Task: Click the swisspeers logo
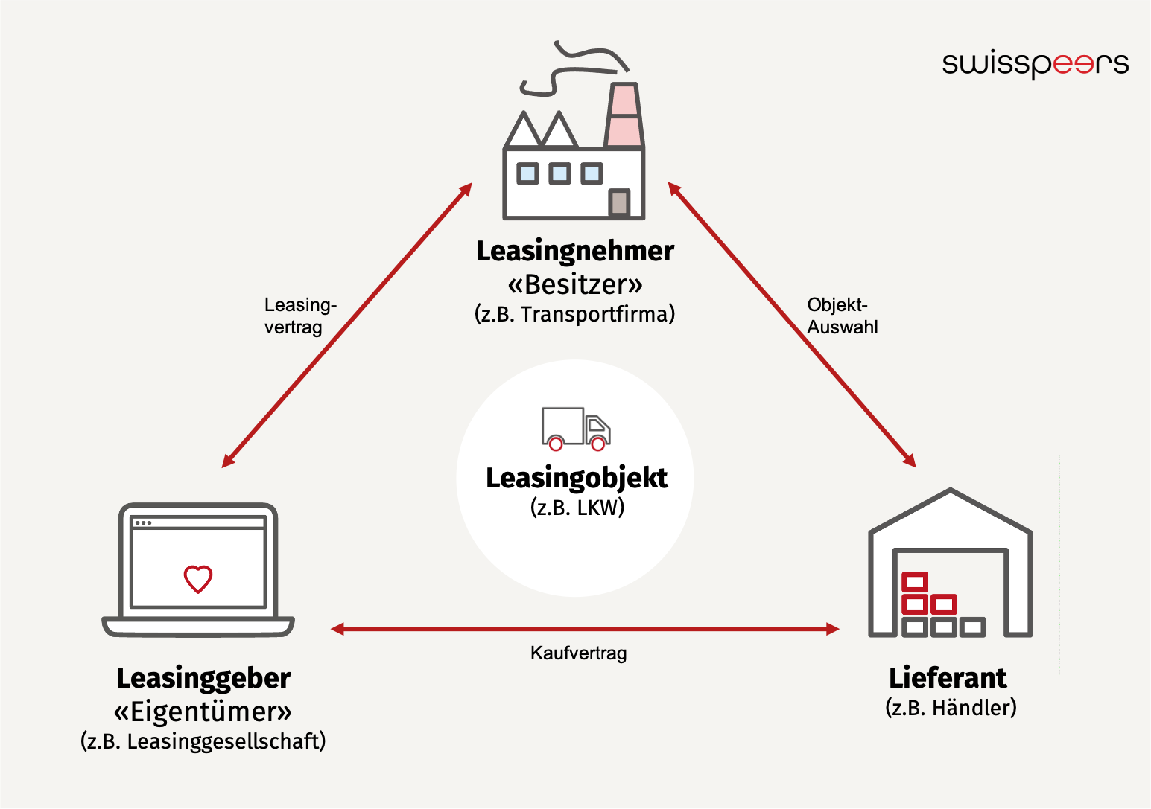(1035, 64)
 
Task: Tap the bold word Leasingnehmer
(574, 251)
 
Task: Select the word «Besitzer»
(574, 284)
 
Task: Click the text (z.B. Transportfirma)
(574, 314)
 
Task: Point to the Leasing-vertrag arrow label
(299, 316)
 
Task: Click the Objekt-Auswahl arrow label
(842, 316)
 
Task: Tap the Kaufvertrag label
(578, 653)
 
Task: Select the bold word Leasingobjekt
(577, 478)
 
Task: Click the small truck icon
(575, 429)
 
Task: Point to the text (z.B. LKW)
(577, 508)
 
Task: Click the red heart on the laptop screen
(198, 578)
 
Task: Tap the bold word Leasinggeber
(203, 678)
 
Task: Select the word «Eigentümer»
(203, 712)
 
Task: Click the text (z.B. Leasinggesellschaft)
(203, 741)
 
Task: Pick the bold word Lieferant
(947, 678)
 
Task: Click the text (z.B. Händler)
(951, 707)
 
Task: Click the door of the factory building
(618, 202)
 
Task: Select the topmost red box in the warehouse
(914, 581)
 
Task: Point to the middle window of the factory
(559, 173)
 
